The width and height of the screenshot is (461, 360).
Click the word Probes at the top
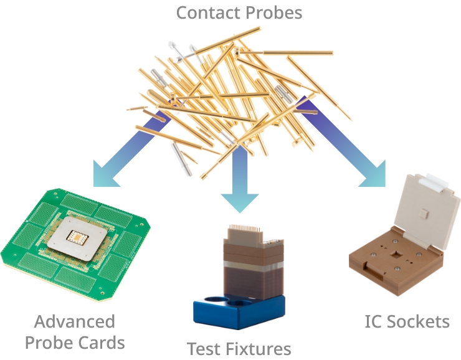[274, 13]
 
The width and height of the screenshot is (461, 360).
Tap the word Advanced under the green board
[74, 321]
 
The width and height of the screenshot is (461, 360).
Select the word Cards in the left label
[99, 343]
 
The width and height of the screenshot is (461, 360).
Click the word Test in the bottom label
[204, 349]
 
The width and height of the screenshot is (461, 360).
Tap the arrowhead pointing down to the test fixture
[240, 202]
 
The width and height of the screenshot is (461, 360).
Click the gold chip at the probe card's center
[77, 237]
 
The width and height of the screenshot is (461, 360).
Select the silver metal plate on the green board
[77, 239]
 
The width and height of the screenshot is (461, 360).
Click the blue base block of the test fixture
[239, 313]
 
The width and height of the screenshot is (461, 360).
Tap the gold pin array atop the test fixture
[245, 228]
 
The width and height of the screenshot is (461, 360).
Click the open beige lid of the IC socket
[425, 210]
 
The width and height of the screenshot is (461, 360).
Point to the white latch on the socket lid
[434, 182]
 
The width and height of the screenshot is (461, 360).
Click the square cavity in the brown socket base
[396, 254]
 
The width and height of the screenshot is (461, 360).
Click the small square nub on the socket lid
[423, 214]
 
